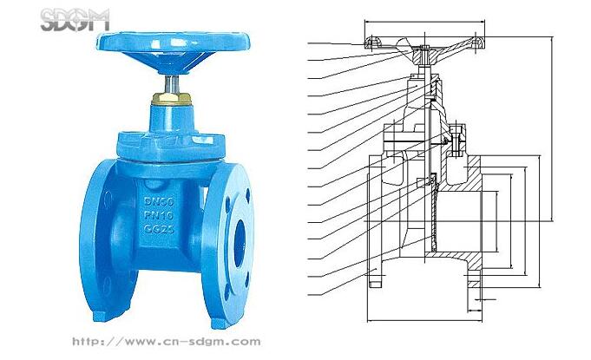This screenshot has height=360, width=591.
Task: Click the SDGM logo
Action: coord(75,20)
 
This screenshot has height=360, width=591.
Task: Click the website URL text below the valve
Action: coord(167,342)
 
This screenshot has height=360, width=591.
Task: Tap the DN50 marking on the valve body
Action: coord(159,201)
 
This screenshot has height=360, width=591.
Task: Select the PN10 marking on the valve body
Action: coord(159,215)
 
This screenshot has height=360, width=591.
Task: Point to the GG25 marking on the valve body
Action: coord(159,228)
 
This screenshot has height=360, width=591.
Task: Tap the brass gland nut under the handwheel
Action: coord(172,99)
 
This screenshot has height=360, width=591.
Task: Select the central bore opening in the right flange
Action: coord(240,243)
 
